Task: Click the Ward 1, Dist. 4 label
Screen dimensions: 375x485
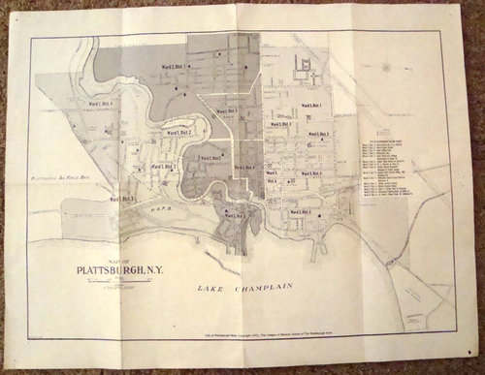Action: pos(101,104)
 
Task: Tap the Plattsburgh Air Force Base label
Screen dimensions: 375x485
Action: pos(61,179)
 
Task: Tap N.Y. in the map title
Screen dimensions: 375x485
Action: pos(151,270)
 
